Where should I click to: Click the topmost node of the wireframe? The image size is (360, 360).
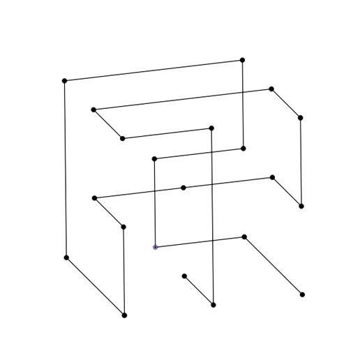(243, 60)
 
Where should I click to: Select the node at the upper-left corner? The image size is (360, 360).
(64, 80)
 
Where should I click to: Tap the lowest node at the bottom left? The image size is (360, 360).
(125, 316)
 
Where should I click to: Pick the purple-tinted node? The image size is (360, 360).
(154, 247)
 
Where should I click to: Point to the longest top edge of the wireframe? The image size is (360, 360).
(153, 70)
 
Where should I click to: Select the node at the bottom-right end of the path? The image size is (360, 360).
(302, 295)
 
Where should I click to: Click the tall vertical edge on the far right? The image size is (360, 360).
(301, 162)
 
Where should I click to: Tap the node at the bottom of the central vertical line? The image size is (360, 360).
(213, 305)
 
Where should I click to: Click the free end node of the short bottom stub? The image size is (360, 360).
(184, 275)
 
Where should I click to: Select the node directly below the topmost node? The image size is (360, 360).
(243, 148)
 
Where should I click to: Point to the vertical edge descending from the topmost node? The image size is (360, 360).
(243, 105)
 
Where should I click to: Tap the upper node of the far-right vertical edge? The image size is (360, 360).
(300, 118)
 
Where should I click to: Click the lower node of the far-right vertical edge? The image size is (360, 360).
(301, 207)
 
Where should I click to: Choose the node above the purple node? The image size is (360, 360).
(154, 159)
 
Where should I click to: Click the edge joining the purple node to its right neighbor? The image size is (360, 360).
(200, 241)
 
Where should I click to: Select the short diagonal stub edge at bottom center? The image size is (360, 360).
(199, 290)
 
